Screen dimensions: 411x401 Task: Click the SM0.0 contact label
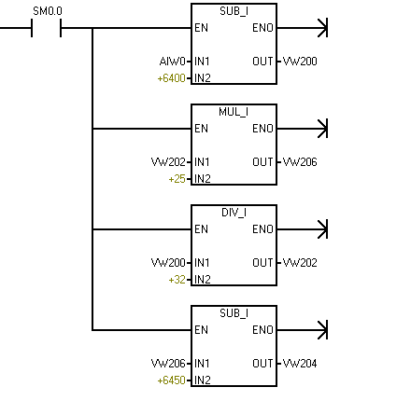[48, 11]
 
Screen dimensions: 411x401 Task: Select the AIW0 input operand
[173, 62]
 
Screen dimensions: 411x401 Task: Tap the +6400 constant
[172, 78]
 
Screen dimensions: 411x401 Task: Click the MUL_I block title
[234, 112]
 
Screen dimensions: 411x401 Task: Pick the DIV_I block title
[234, 213]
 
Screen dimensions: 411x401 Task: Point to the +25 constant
[177, 179]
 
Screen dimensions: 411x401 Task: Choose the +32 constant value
[177, 280]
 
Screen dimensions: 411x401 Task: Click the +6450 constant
[172, 380]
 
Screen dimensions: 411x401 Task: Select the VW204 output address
[300, 364]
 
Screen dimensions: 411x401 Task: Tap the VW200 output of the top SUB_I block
[300, 62]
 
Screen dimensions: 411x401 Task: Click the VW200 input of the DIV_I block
[168, 263]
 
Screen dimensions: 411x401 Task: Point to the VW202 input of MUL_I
[168, 162]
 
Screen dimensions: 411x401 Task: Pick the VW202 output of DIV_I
[300, 263]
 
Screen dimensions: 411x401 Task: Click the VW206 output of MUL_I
[300, 162]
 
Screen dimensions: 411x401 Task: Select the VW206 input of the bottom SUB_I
[168, 364]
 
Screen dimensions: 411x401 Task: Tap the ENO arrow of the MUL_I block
[303, 129]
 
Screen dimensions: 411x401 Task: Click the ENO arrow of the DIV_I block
[303, 229]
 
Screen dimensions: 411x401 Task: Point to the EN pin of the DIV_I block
[201, 229]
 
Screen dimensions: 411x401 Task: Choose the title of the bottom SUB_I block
[234, 313]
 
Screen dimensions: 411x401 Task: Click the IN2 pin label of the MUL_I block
[203, 179]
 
